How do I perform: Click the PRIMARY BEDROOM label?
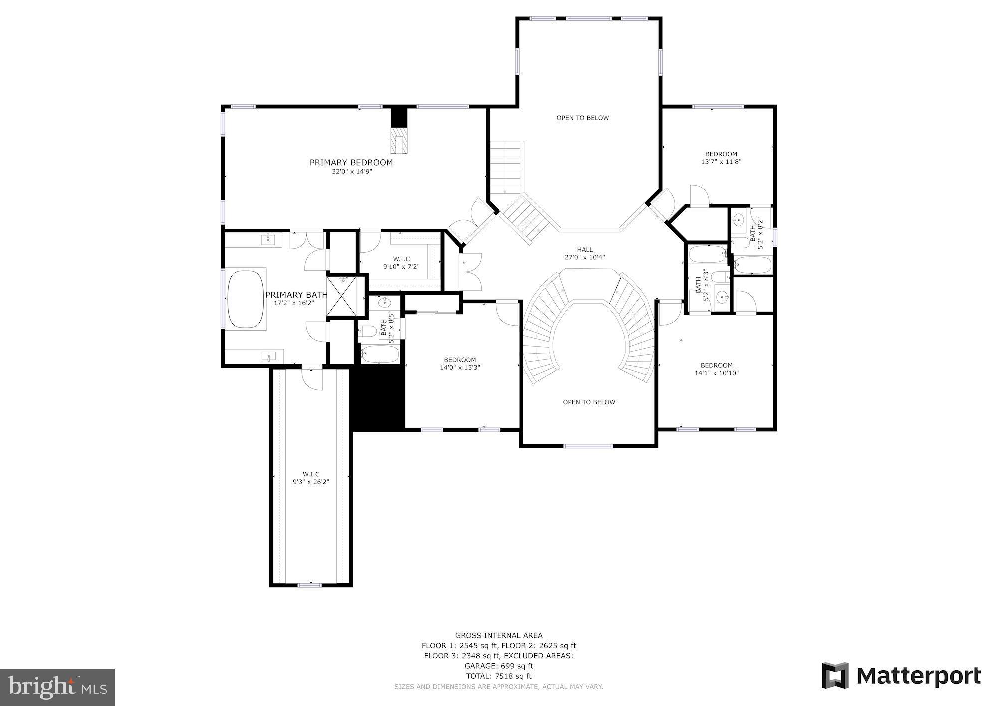pos(351,162)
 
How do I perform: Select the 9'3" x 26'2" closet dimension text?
pos(311,482)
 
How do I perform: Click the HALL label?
pos(585,249)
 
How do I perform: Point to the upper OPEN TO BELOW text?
pos(582,118)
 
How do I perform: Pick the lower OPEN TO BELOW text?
pos(589,402)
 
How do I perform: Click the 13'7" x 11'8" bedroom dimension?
pos(721,161)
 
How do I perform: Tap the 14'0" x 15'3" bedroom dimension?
pos(460,367)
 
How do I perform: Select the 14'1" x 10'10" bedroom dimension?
pos(716,373)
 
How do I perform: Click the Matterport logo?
pos(901,676)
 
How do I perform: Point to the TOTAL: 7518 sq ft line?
pos(499,676)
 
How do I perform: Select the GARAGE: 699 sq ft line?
pos(499,666)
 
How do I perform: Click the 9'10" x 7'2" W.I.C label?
pos(401,263)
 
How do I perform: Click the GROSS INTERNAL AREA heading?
pos(499,636)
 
